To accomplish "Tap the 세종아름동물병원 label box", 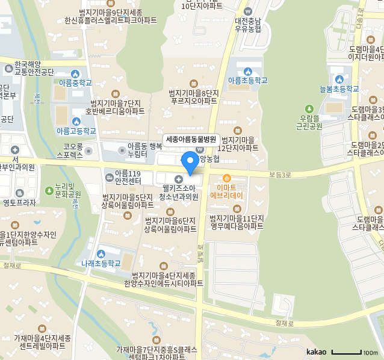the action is point(190,138).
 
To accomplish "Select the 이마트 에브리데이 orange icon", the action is point(227,178).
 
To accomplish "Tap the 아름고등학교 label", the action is point(76,131).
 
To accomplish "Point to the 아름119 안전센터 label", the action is point(127,177).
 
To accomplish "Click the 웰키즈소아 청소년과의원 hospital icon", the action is point(178,179).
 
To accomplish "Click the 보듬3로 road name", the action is point(280,175).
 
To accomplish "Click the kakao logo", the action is point(316,352).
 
